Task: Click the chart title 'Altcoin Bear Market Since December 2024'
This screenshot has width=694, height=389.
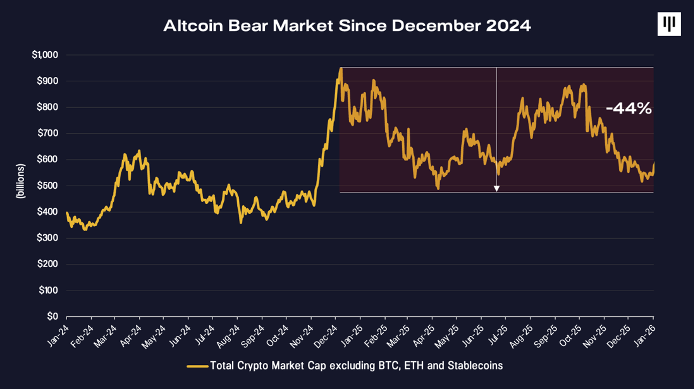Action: pyautogui.click(x=347, y=26)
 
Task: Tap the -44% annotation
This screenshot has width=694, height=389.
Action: pyautogui.click(x=629, y=108)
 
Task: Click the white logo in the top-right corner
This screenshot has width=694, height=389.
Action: pyautogui.click(x=669, y=24)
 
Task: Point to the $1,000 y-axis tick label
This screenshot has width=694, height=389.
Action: pyautogui.click(x=45, y=55)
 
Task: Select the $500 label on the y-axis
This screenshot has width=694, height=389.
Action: pyautogui.click(x=47, y=186)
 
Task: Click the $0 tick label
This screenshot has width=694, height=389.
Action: pyautogui.click(x=52, y=316)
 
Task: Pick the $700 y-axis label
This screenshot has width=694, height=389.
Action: pyautogui.click(x=47, y=133)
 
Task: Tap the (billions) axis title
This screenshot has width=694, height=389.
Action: pyautogui.click(x=20, y=181)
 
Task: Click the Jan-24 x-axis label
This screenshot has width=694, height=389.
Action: pyautogui.click(x=58, y=336)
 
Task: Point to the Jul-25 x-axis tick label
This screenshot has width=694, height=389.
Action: pyautogui.click(x=497, y=336)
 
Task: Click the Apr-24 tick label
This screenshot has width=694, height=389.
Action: pyautogui.click(x=131, y=336)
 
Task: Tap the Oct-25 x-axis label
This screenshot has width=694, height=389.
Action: pyautogui.click(x=571, y=336)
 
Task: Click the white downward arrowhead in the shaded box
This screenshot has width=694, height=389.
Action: pyautogui.click(x=497, y=188)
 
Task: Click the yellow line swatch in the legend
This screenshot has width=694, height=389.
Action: pyautogui.click(x=197, y=366)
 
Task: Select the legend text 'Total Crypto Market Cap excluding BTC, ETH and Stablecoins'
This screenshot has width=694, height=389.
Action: pyautogui.click(x=356, y=366)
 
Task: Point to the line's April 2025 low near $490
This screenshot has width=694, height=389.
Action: pyautogui.click(x=438, y=188)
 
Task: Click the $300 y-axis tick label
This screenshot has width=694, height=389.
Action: pyautogui.click(x=47, y=238)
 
